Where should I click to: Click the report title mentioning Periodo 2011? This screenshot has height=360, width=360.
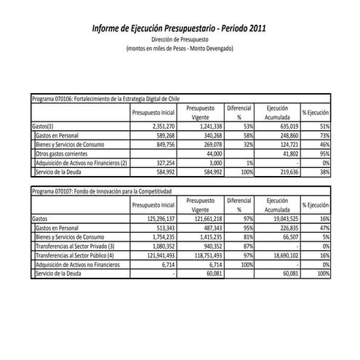coord(179,29)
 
